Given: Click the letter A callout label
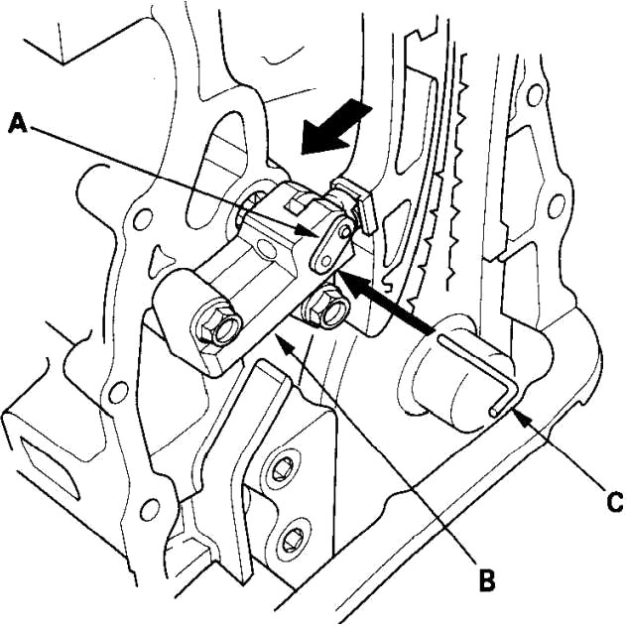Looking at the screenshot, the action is click(x=18, y=122).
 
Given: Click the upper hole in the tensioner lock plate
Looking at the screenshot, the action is click(x=344, y=231).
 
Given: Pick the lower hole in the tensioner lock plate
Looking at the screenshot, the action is click(x=326, y=262).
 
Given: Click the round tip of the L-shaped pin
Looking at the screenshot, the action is click(x=495, y=412).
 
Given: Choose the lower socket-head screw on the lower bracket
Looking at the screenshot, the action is click(x=292, y=539).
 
